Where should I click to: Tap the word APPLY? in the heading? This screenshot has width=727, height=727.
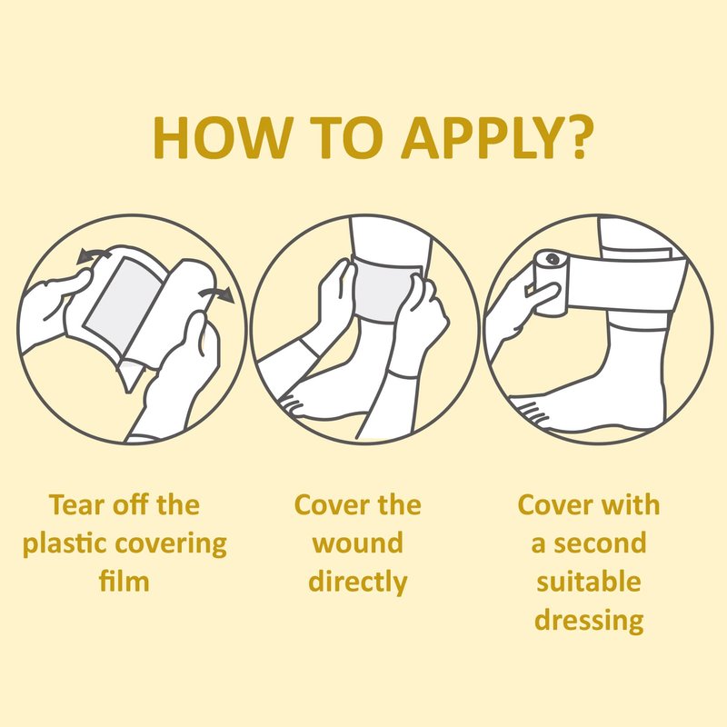(x=497, y=138)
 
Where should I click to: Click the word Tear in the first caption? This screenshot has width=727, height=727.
(x=77, y=504)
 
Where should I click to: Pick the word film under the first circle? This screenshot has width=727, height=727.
(x=124, y=581)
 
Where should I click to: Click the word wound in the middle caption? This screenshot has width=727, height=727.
(x=357, y=543)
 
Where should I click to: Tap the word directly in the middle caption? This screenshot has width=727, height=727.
(x=357, y=583)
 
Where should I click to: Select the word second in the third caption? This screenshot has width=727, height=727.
(x=600, y=543)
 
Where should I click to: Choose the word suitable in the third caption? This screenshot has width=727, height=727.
(x=588, y=582)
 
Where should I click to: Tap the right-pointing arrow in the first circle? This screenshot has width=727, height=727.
(x=216, y=294)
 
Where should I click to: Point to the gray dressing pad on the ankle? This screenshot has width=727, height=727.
(x=383, y=291)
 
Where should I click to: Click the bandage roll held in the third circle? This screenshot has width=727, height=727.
(x=551, y=283)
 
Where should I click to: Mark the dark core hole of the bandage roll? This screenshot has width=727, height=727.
(x=553, y=259)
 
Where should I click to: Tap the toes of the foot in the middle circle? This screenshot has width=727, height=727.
(x=291, y=403)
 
